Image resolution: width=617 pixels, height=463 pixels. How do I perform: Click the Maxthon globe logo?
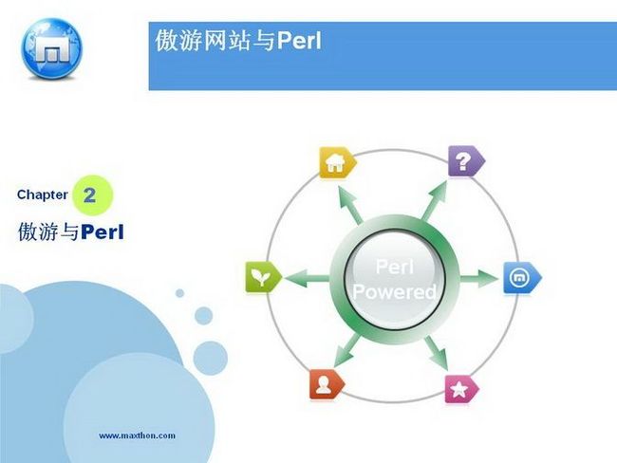(x=51, y=48)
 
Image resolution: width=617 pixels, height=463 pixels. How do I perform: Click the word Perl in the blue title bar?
(x=299, y=40)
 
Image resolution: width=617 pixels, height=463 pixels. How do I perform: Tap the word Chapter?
(x=43, y=194)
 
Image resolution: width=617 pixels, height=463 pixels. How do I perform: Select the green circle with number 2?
(x=93, y=195)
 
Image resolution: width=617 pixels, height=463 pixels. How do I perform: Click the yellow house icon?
(x=337, y=162)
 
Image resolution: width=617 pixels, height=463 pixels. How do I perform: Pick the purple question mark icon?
(x=466, y=161)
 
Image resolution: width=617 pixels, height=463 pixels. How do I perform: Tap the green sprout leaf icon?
(x=263, y=277)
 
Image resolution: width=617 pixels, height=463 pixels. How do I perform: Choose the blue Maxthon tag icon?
(x=522, y=278)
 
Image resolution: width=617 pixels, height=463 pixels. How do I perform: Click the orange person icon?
(x=327, y=384)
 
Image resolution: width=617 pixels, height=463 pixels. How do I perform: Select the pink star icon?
(x=461, y=389)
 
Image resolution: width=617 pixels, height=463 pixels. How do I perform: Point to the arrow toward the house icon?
(x=350, y=204)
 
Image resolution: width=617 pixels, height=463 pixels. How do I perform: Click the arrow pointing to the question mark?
(x=434, y=200)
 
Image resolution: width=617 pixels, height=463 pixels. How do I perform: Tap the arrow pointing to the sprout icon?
(x=307, y=278)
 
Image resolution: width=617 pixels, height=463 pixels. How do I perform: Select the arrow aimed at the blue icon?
(x=479, y=278)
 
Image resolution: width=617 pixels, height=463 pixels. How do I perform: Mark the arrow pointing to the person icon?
(x=347, y=351)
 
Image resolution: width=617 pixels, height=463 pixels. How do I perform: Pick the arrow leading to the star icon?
(x=437, y=353)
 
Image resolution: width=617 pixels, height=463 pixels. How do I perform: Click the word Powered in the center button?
(x=395, y=291)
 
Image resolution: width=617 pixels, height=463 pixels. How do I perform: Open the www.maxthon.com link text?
(x=137, y=435)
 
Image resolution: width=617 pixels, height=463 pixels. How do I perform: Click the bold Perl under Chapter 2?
(x=103, y=231)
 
